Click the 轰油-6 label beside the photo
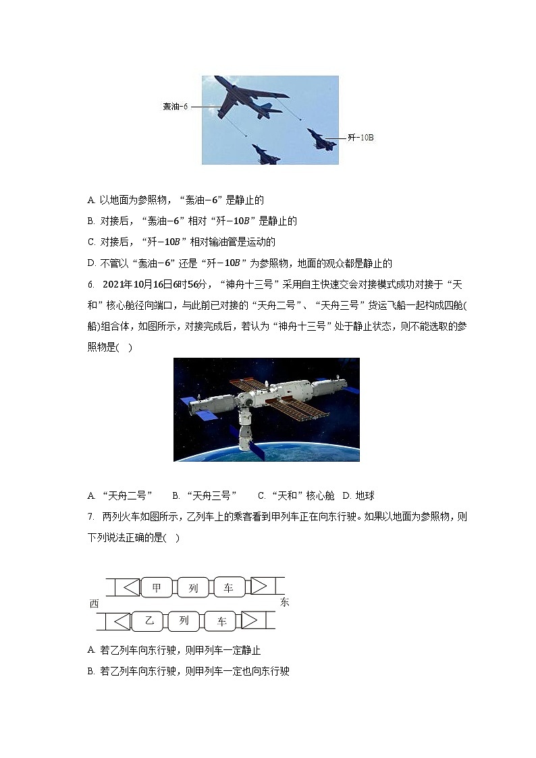(175, 107)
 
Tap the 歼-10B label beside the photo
(360, 138)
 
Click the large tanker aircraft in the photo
(250, 99)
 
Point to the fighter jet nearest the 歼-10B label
(321, 138)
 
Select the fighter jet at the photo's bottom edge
(265, 155)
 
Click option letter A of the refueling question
(91, 200)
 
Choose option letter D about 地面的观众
(91, 263)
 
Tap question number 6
(91, 285)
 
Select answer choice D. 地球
(358, 495)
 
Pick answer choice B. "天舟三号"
(205, 495)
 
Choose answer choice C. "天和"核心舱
(296, 495)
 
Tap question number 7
(91, 517)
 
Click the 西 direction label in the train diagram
(95, 603)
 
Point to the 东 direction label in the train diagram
(284, 602)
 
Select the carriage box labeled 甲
(156, 587)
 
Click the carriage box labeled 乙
(149, 620)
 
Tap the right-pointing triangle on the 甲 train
(259, 587)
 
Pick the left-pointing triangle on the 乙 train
(122, 621)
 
